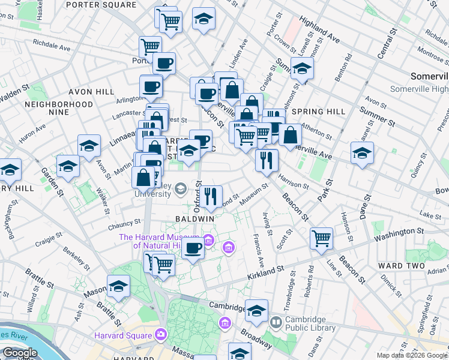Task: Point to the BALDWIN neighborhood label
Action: pyautogui.click(x=194, y=219)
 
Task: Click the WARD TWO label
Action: pyautogui.click(x=402, y=265)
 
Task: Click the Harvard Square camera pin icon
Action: pyautogui.click(x=161, y=334)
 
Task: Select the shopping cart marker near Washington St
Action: pyautogui.click(x=321, y=238)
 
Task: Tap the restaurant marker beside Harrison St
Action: pyautogui.click(x=267, y=160)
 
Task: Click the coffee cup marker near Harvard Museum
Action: pyautogui.click(x=193, y=248)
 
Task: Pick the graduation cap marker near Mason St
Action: pyautogui.click(x=118, y=287)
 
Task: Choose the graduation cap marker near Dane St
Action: pyautogui.click(x=362, y=153)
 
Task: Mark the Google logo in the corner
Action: pyautogui.click(x=20, y=353)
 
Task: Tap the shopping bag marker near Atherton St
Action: pyautogui.click(x=290, y=135)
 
